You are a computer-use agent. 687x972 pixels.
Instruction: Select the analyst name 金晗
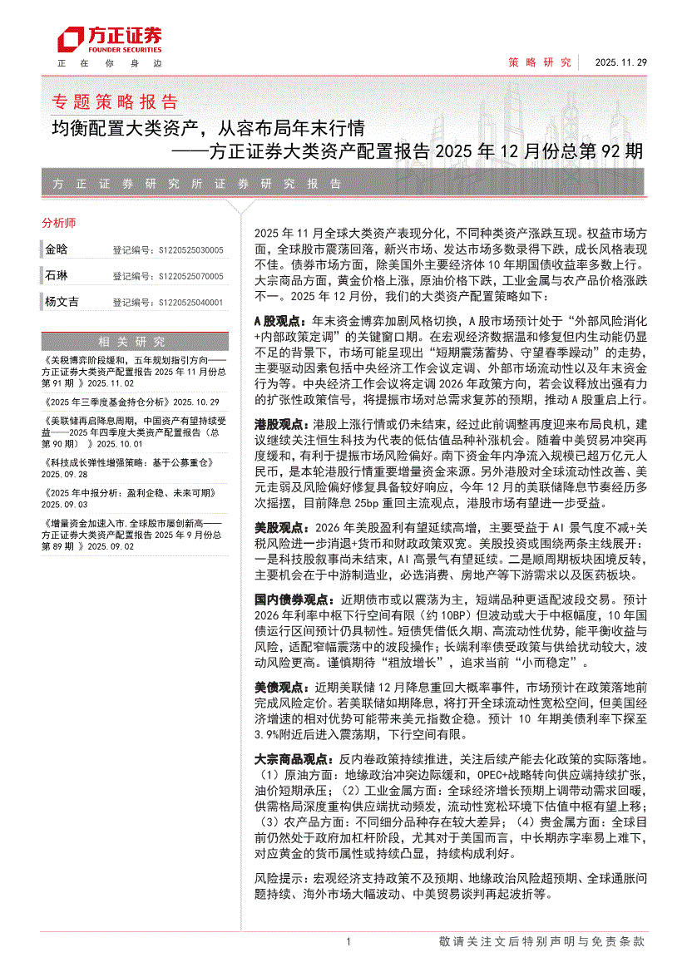click(x=57, y=249)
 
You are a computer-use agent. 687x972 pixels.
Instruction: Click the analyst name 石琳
click(x=57, y=275)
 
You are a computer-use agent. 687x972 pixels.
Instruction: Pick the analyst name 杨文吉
click(x=62, y=302)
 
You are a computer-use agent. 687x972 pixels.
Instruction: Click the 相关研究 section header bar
click(x=132, y=341)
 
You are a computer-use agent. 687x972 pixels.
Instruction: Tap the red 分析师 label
click(x=58, y=223)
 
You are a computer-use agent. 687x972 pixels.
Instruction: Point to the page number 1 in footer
click(x=348, y=941)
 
